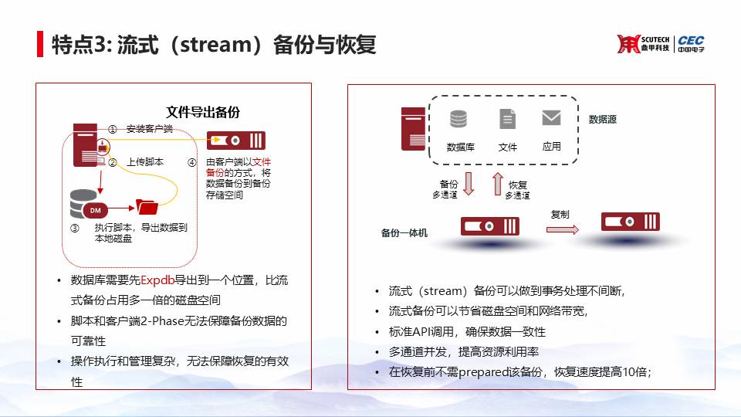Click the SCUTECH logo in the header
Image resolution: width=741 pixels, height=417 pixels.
click(x=643, y=43)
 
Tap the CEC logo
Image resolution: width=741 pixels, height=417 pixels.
click(x=691, y=43)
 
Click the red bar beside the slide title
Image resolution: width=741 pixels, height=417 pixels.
click(x=40, y=44)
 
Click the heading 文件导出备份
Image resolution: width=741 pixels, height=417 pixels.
click(x=203, y=112)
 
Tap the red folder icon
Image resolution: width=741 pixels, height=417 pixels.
click(x=147, y=207)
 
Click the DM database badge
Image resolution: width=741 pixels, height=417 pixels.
click(x=95, y=210)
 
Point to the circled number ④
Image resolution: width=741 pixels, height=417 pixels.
click(x=192, y=163)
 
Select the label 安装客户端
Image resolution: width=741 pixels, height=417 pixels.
click(x=149, y=129)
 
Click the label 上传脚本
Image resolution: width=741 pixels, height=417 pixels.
click(x=144, y=161)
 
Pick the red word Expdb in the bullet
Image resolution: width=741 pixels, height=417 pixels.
click(x=157, y=280)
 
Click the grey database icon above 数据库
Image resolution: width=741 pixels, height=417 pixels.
click(x=458, y=119)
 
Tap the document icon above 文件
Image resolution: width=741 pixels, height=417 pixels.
click(x=508, y=119)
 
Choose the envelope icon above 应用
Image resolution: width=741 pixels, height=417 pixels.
click(x=551, y=117)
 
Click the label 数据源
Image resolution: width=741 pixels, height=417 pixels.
click(x=603, y=120)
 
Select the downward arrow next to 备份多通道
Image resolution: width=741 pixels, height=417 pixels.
click(x=469, y=184)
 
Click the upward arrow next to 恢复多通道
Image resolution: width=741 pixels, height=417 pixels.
click(x=498, y=184)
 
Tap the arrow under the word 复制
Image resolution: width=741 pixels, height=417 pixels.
click(x=563, y=230)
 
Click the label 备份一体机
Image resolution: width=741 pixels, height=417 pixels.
click(x=404, y=232)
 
